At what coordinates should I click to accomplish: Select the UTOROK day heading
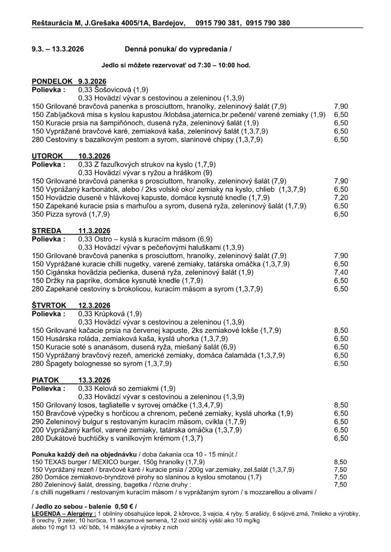coord(48,156)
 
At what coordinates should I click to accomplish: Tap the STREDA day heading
coord(47,231)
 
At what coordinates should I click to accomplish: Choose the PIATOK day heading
coord(46,380)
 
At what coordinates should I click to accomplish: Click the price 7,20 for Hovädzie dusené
coord(341,197)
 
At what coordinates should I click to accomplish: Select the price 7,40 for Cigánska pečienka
coord(341,272)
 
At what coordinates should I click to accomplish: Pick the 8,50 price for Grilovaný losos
coord(341,405)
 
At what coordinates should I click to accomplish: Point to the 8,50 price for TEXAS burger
coord(341,462)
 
